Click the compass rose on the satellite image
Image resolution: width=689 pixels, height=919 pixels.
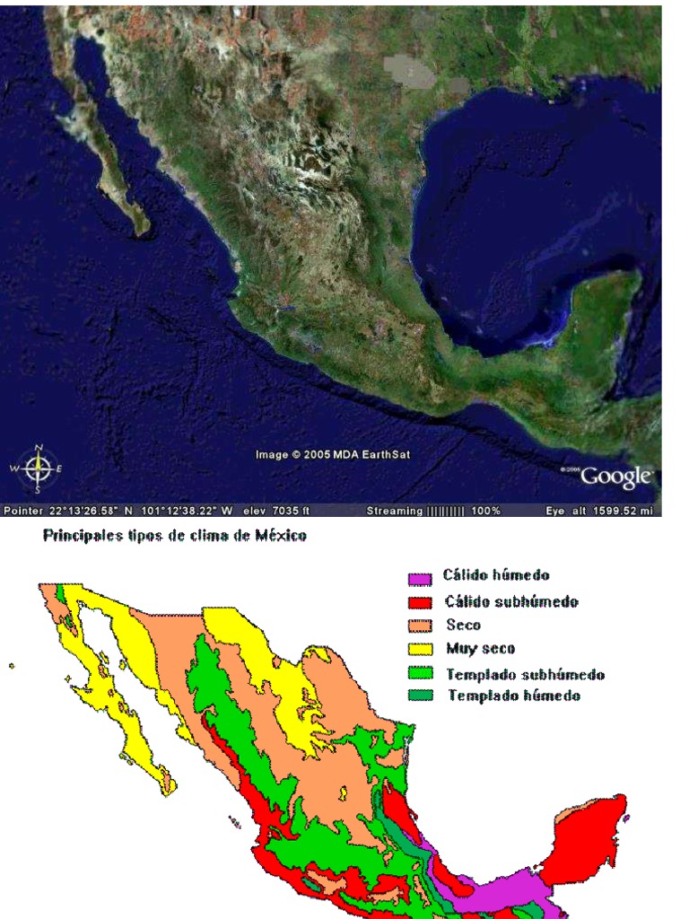(38, 468)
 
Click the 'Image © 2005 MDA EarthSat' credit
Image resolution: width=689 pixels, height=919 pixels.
(332, 455)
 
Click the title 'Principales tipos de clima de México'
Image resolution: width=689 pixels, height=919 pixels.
(175, 536)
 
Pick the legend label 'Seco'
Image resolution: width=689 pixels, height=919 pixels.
(464, 626)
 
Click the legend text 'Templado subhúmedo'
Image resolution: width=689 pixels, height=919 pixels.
(525, 674)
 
